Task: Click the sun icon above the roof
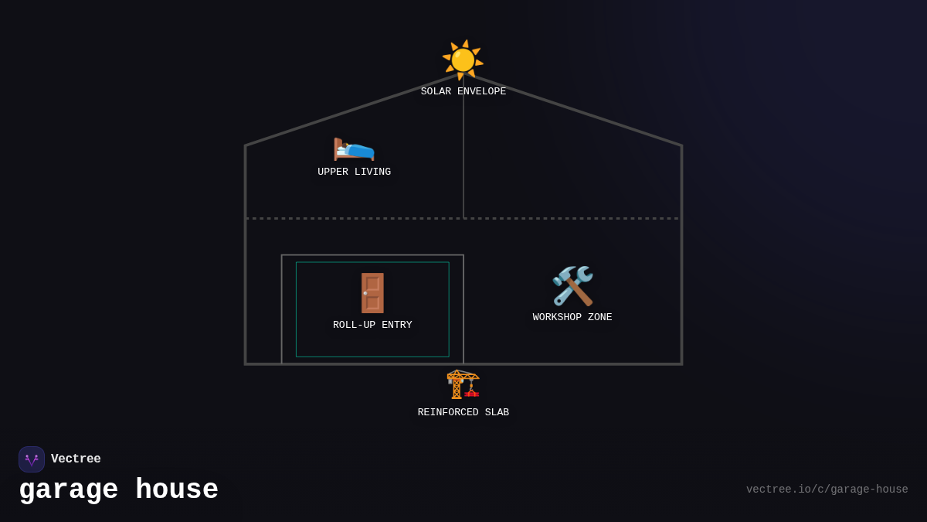click(x=463, y=60)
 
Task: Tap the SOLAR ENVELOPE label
click(x=463, y=92)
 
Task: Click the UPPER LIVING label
click(x=354, y=172)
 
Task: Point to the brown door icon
click(x=372, y=293)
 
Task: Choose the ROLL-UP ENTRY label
click(x=372, y=326)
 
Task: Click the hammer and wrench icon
click(x=572, y=285)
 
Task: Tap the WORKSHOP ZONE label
click(x=572, y=318)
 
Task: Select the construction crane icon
click(x=463, y=384)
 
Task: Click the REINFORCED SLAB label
click(x=463, y=413)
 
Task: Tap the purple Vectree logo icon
click(x=32, y=459)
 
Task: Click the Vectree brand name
click(x=76, y=459)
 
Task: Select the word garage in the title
click(x=69, y=490)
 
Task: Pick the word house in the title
click(x=177, y=490)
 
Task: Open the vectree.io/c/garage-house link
click(x=827, y=490)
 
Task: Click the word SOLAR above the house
click(x=436, y=92)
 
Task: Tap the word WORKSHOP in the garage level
click(x=557, y=318)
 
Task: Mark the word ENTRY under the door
click(x=396, y=326)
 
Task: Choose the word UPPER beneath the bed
click(x=333, y=172)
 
